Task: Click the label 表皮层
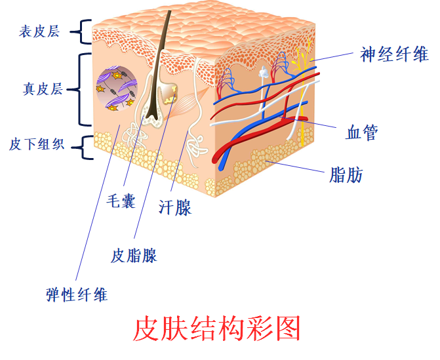click(39, 31)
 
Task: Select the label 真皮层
click(39, 89)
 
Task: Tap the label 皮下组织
click(37, 144)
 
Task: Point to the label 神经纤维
click(394, 54)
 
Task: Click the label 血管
click(361, 133)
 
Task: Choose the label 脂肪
click(346, 175)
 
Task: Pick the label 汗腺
click(175, 208)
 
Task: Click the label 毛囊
click(121, 201)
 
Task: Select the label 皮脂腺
click(134, 255)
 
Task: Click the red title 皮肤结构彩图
click(216, 329)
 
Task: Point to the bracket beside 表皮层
click(83, 30)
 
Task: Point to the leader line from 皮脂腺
click(151, 177)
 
